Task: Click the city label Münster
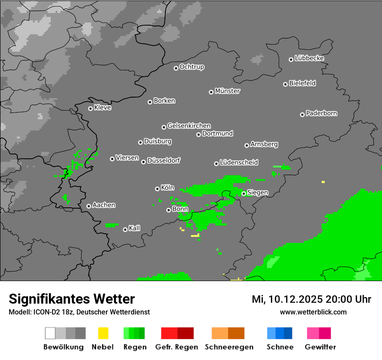click(x=227, y=91)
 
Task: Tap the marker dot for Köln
click(x=157, y=189)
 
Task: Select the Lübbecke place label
click(x=309, y=58)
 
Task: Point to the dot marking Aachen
click(x=89, y=206)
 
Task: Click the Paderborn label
click(x=321, y=113)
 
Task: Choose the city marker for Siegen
click(x=244, y=193)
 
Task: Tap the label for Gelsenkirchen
click(x=189, y=126)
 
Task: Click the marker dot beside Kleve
click(x=90, y=108)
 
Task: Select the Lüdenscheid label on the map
click(x=239, y=162)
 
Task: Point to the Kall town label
click(x=134, y=228)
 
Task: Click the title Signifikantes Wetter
click(x=72, y=299)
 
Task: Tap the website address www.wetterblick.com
click(x=313, y=312)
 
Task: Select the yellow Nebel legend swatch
click(x=103, y=333)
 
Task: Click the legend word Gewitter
click(x=320, y=347)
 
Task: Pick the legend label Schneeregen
click(x=229, y=347)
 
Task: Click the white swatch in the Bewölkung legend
click(x=50, y=333)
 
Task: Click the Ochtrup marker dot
click(x=176, y=68)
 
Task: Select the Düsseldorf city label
click(x=164, y=160)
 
